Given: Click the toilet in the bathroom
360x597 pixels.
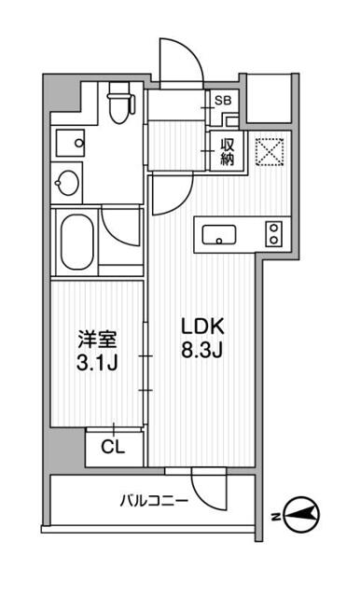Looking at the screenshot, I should click(x=118, y=104).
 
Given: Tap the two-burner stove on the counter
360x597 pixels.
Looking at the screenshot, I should click(x=273, y=233).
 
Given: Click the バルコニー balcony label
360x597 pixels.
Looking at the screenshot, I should click(x=154, y=501).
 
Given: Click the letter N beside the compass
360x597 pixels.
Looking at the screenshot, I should click(x=275, y=515).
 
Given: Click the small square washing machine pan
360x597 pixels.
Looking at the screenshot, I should click(x=68, y=141).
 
